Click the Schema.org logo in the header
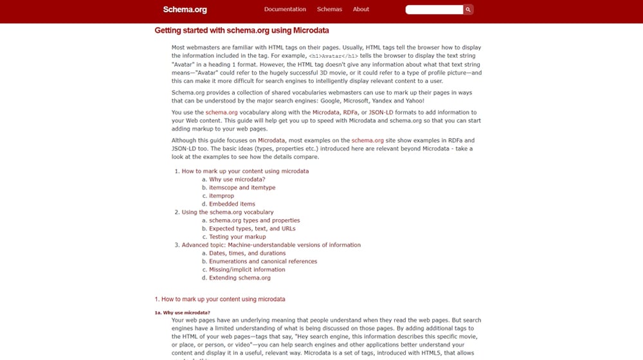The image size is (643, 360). [x=185, y=10]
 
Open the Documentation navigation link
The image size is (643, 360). [x=285, y=10]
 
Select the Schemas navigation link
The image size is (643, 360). [x=329, y=10]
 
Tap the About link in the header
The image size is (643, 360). [x=361, y=10]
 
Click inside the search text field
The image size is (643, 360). [x=434, y=10]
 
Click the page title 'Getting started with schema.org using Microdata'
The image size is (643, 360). [x=242, y=30]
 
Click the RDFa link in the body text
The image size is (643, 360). [x=350, y=113]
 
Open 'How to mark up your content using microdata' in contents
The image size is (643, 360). [x=245, y=172]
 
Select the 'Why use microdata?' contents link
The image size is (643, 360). [x=237, y=180]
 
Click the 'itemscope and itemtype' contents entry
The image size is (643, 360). [x=242, y=188]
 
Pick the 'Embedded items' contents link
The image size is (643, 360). [x=232, y=204]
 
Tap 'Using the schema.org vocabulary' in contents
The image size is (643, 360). [x=228, y=212]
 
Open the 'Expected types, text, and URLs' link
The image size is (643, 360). [x=252, y=229]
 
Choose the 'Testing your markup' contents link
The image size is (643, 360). [x=237, y=237]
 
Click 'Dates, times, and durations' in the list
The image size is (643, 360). [x=247, y=253]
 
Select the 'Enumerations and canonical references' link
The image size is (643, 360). [x=263, y=262]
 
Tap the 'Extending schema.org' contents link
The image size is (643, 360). [x=240, y=278]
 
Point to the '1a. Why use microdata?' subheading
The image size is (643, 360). [x=182, y=313]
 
